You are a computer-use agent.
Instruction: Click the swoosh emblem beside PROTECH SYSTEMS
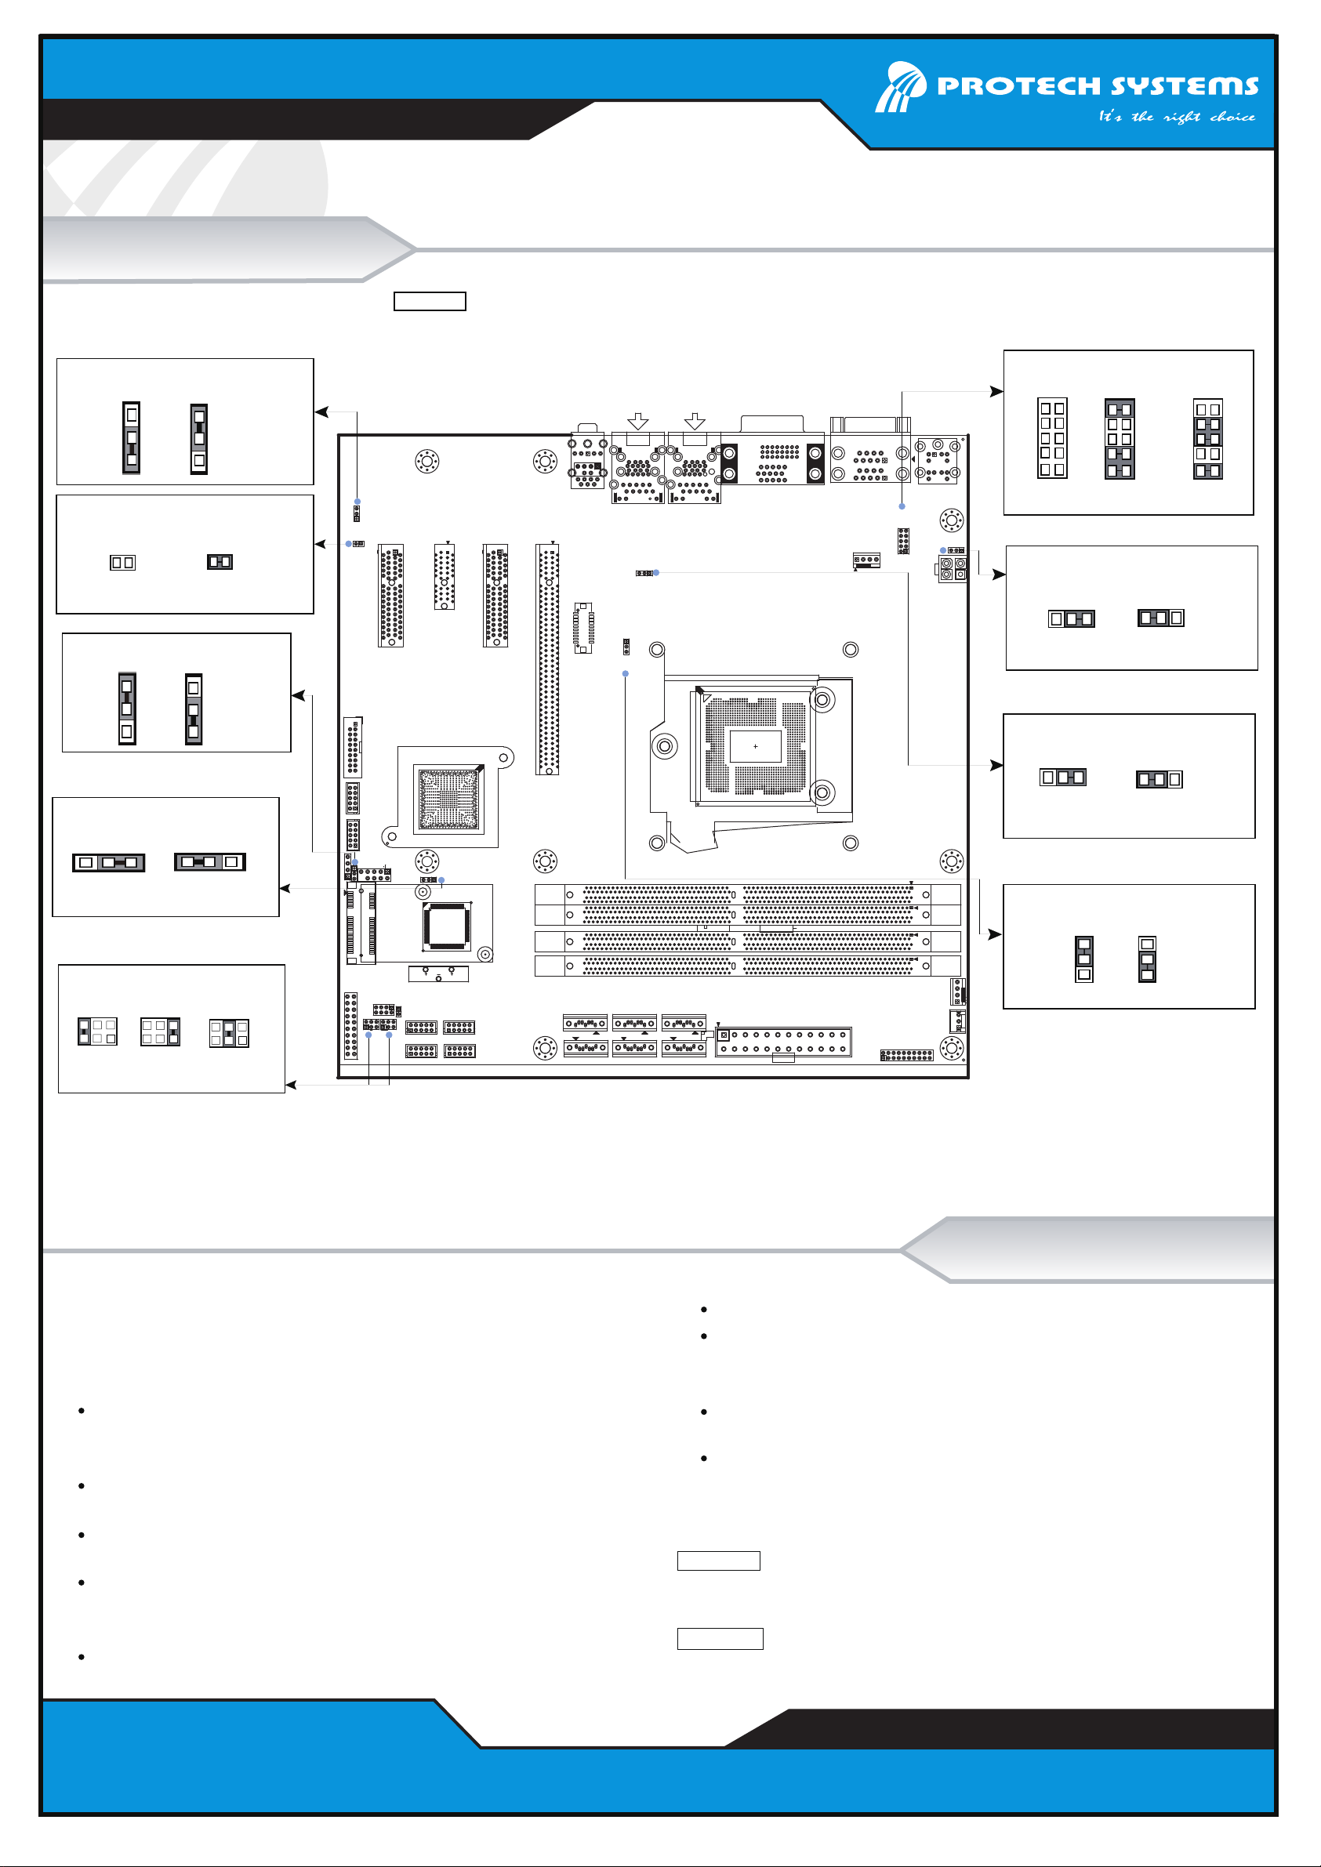[x=901, y=86]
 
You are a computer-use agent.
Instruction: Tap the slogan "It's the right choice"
[x=1176, y=116]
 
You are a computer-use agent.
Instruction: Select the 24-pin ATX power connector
[x=783, y=1042]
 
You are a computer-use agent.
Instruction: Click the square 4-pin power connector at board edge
[x=953, y=568]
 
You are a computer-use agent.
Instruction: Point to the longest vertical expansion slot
[x=547, y=658]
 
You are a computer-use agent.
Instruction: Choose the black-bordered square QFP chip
[x=447, y=926]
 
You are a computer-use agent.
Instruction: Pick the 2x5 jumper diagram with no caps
[x=1052, y=437]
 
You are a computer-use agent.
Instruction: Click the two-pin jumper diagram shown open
[x=123, y=562]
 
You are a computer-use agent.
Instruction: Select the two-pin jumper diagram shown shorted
[x=220, y=561]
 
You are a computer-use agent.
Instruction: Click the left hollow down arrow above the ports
[x=638, y=420]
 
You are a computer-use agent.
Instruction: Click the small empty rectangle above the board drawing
[x=430, y=301]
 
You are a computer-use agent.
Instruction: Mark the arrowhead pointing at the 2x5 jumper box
[x=996, y=391]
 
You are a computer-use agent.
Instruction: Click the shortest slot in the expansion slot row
[x=445, y=577]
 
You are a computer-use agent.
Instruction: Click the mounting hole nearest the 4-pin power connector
[x=951, y=520]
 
